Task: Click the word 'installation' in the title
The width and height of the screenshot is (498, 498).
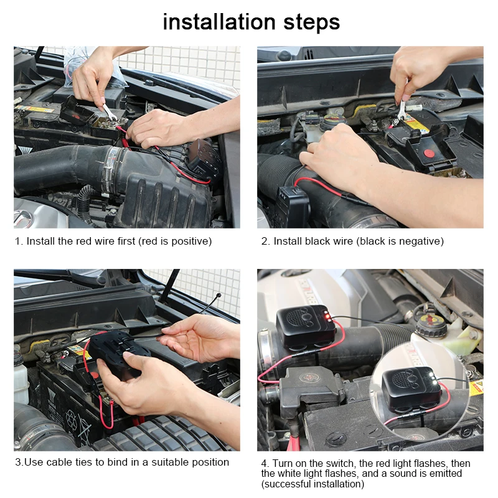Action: [x=218, y=22]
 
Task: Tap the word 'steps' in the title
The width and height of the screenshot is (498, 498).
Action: [x=309, y=23]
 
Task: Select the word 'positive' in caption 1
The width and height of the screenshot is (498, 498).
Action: [x=189, y=241]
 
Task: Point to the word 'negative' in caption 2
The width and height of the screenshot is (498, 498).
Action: [x=421, y=241]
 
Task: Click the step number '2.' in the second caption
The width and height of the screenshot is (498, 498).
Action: [x=265, y=241]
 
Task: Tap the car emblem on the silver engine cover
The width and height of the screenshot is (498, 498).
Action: [x=23, y=217]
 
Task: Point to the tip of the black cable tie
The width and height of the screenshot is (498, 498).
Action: [x=218, y=295]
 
